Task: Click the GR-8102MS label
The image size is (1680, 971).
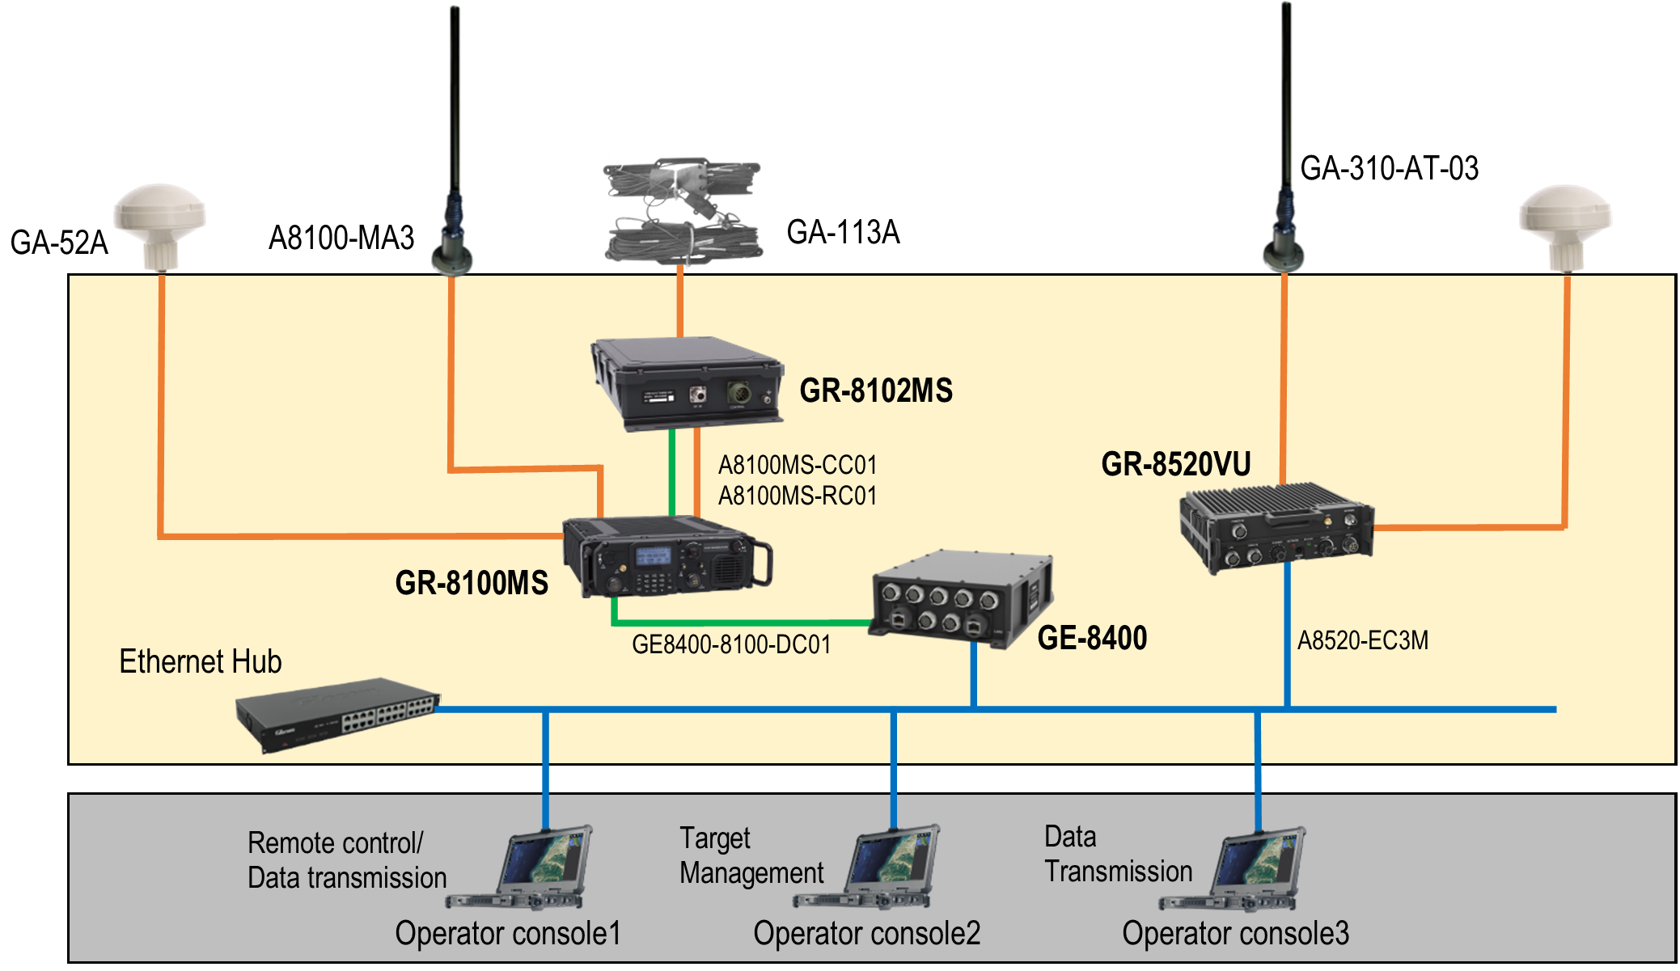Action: [875, 391]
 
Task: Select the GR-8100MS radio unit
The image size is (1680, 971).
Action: [667, 558]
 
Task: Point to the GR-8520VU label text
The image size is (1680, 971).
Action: [1176, 464]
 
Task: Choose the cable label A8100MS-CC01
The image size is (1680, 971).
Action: [797, 465]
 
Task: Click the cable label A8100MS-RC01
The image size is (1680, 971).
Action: [797, 495]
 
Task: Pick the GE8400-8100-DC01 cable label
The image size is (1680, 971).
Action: [731, 644]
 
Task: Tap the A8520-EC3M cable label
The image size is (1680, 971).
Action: [1362, 640]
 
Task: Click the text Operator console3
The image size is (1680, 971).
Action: [1235, 933]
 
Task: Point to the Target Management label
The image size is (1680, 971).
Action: [751, 855]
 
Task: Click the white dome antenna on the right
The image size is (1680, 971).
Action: [1565, 226]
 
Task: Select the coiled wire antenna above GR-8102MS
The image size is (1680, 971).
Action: [682, 210]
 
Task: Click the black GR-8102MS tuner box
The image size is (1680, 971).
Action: [687, 382]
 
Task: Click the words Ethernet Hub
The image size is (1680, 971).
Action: [200, 661]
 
